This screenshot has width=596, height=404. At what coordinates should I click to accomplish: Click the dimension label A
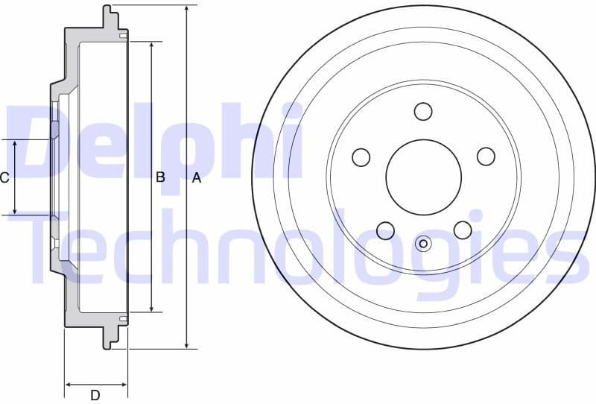(197, 177)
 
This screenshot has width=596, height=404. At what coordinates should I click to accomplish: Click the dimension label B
(159, 177)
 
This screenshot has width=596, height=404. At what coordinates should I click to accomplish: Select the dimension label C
(4, 177)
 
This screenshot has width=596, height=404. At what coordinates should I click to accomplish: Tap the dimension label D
(95, 395)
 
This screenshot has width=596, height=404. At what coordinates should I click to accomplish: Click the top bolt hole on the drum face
(423, 111)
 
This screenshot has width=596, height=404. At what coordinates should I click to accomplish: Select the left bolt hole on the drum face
(361, 157)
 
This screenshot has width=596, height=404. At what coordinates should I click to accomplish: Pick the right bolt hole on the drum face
(486, 156)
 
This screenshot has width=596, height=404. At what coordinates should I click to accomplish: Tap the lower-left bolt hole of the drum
(385, 230)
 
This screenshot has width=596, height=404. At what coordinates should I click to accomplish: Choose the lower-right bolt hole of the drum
(463, 230)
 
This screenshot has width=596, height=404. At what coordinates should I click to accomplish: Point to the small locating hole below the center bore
(423, 243)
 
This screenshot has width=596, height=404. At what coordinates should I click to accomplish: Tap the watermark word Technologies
(298, 246)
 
